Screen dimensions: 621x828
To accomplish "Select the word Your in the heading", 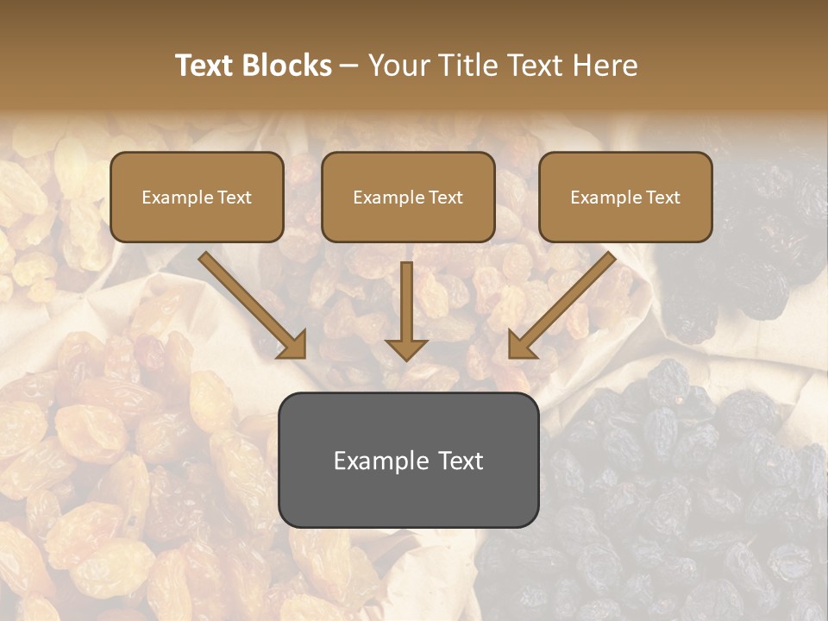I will tap(396, 66).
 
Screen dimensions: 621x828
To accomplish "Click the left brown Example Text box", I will tap(197, 197).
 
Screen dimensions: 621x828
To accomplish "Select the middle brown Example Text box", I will tap(408, 197).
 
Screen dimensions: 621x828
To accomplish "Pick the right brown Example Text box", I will tap(625, 197).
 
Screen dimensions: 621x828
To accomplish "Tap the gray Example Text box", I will tap(408, 460).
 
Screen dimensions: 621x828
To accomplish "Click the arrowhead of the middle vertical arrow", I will tap(406, 348).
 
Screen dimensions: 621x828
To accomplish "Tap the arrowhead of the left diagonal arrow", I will tap(293, 344).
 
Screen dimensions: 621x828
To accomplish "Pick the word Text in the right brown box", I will tap(662, 198).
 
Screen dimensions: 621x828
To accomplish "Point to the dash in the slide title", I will tap(349, 66).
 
